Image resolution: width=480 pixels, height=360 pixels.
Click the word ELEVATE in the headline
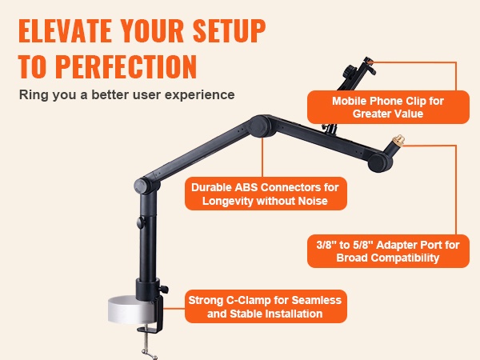(x=65, y=30)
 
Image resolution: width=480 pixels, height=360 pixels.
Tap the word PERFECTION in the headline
(x=126, y=66)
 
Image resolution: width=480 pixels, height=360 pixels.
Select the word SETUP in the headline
(x=230, y=30)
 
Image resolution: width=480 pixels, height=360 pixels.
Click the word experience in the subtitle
(x=199, y=95)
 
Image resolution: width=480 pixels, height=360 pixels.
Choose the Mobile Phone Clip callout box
(x=388, y=107)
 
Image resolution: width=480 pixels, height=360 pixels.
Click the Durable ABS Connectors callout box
(x=266, y=194)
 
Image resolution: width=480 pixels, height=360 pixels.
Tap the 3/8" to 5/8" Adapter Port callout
(x=388, y=251)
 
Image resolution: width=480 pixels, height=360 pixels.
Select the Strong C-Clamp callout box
(x=266, y=306)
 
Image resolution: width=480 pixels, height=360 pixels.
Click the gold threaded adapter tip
(x=399, y=139)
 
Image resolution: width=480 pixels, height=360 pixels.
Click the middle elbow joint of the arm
(x=259, y=126)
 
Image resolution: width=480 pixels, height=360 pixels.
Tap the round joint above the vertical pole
(x=142, y=186)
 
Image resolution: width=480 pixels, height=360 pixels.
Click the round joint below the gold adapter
(x=378, y=163)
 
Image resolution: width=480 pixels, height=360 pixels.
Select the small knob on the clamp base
(x=164, y=289)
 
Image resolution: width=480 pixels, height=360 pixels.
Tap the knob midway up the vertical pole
(x=141, y=222)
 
